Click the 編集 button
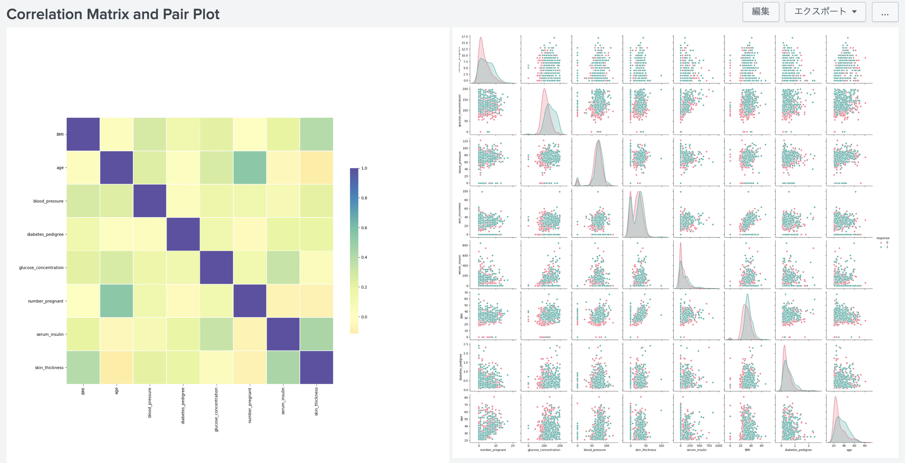pos(760,12)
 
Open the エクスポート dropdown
pos(825,12)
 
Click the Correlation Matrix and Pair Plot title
pos(113,14)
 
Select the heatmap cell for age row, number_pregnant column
pos(250,167)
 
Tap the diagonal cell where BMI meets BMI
pos(83,134)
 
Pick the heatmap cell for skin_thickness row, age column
pos(116,367)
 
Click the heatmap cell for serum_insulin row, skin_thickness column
pos(316,334)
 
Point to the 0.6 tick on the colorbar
pos(364,228)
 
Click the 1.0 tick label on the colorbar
pos(364,168)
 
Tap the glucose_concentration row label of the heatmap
pos(41,267)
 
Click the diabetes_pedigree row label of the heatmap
pos(45,234)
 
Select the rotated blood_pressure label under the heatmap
pos(150,402)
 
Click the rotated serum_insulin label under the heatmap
pos(283,401)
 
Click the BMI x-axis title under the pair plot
pos(747,450)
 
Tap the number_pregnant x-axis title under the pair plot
pos(493,450)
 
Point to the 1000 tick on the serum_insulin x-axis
pos(719,446)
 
